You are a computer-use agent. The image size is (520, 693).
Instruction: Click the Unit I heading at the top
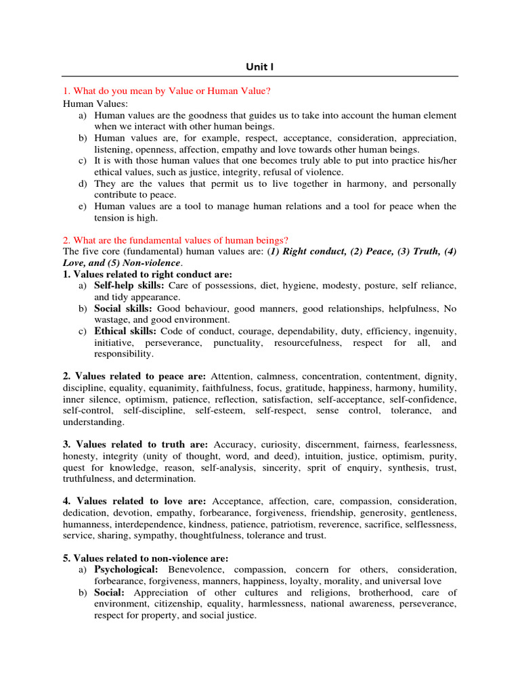tap(259, 66)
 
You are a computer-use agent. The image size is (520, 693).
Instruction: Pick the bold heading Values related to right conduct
tap(147, 274)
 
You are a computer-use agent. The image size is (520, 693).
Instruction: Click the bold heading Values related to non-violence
tap(146, 558)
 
